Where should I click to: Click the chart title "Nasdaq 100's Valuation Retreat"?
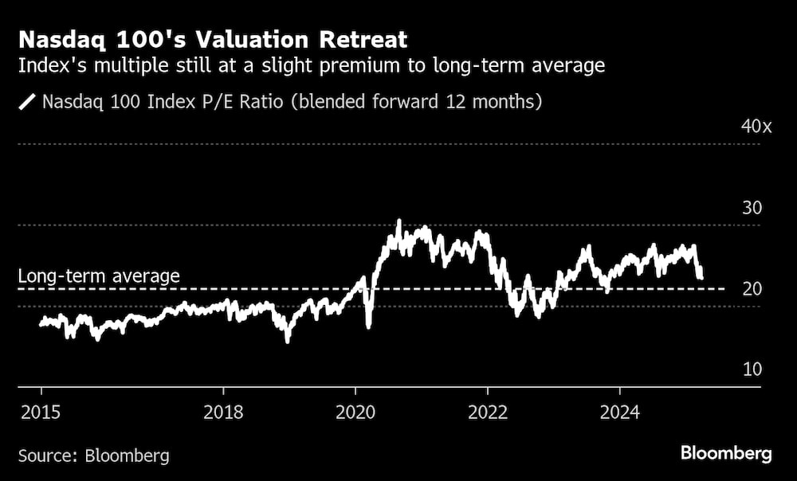click(213, 39)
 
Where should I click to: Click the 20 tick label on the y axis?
click(752, 289)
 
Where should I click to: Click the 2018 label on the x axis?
click(223, 413)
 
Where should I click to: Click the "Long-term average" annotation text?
click(99, 276)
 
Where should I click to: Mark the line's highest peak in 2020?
click(398, 222)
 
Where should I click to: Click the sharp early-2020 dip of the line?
click(368, 325)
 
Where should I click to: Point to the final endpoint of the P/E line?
click(701, 276)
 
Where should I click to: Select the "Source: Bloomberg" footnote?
click(94, 456)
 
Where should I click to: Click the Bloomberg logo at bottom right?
click(726, 454)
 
